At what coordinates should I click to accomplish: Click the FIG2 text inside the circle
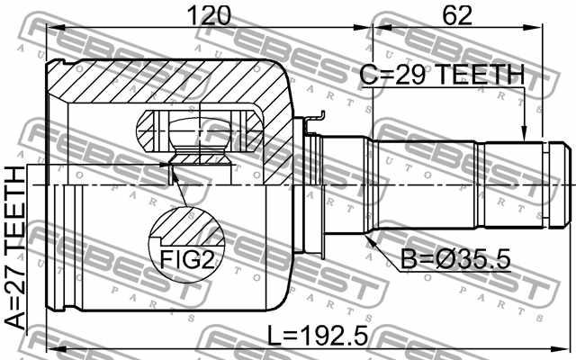point(187,259)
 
